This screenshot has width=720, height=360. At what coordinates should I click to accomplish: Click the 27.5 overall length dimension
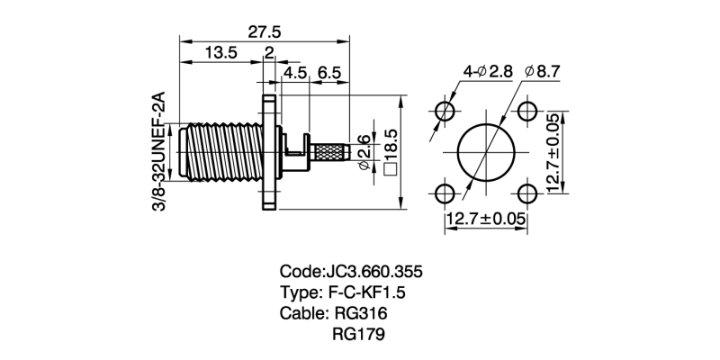[x=265, y=31]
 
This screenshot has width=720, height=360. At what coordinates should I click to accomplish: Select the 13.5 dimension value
[x=220, y=53]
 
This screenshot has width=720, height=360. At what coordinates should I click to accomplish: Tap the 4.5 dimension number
[x=295, y=72]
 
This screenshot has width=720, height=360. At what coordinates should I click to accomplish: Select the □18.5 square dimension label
[x=391, y=151]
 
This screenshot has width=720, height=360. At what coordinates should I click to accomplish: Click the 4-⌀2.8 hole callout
[x=487, y=71]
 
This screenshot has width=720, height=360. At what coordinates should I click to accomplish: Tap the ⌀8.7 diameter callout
[x=543, y=71]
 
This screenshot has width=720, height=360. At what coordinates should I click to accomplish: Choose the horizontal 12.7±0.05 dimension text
[x=485, y=219]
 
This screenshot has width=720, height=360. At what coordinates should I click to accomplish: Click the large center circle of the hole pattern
[x=485, y=151]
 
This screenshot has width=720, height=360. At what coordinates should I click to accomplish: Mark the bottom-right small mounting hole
[x=526, y=193]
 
